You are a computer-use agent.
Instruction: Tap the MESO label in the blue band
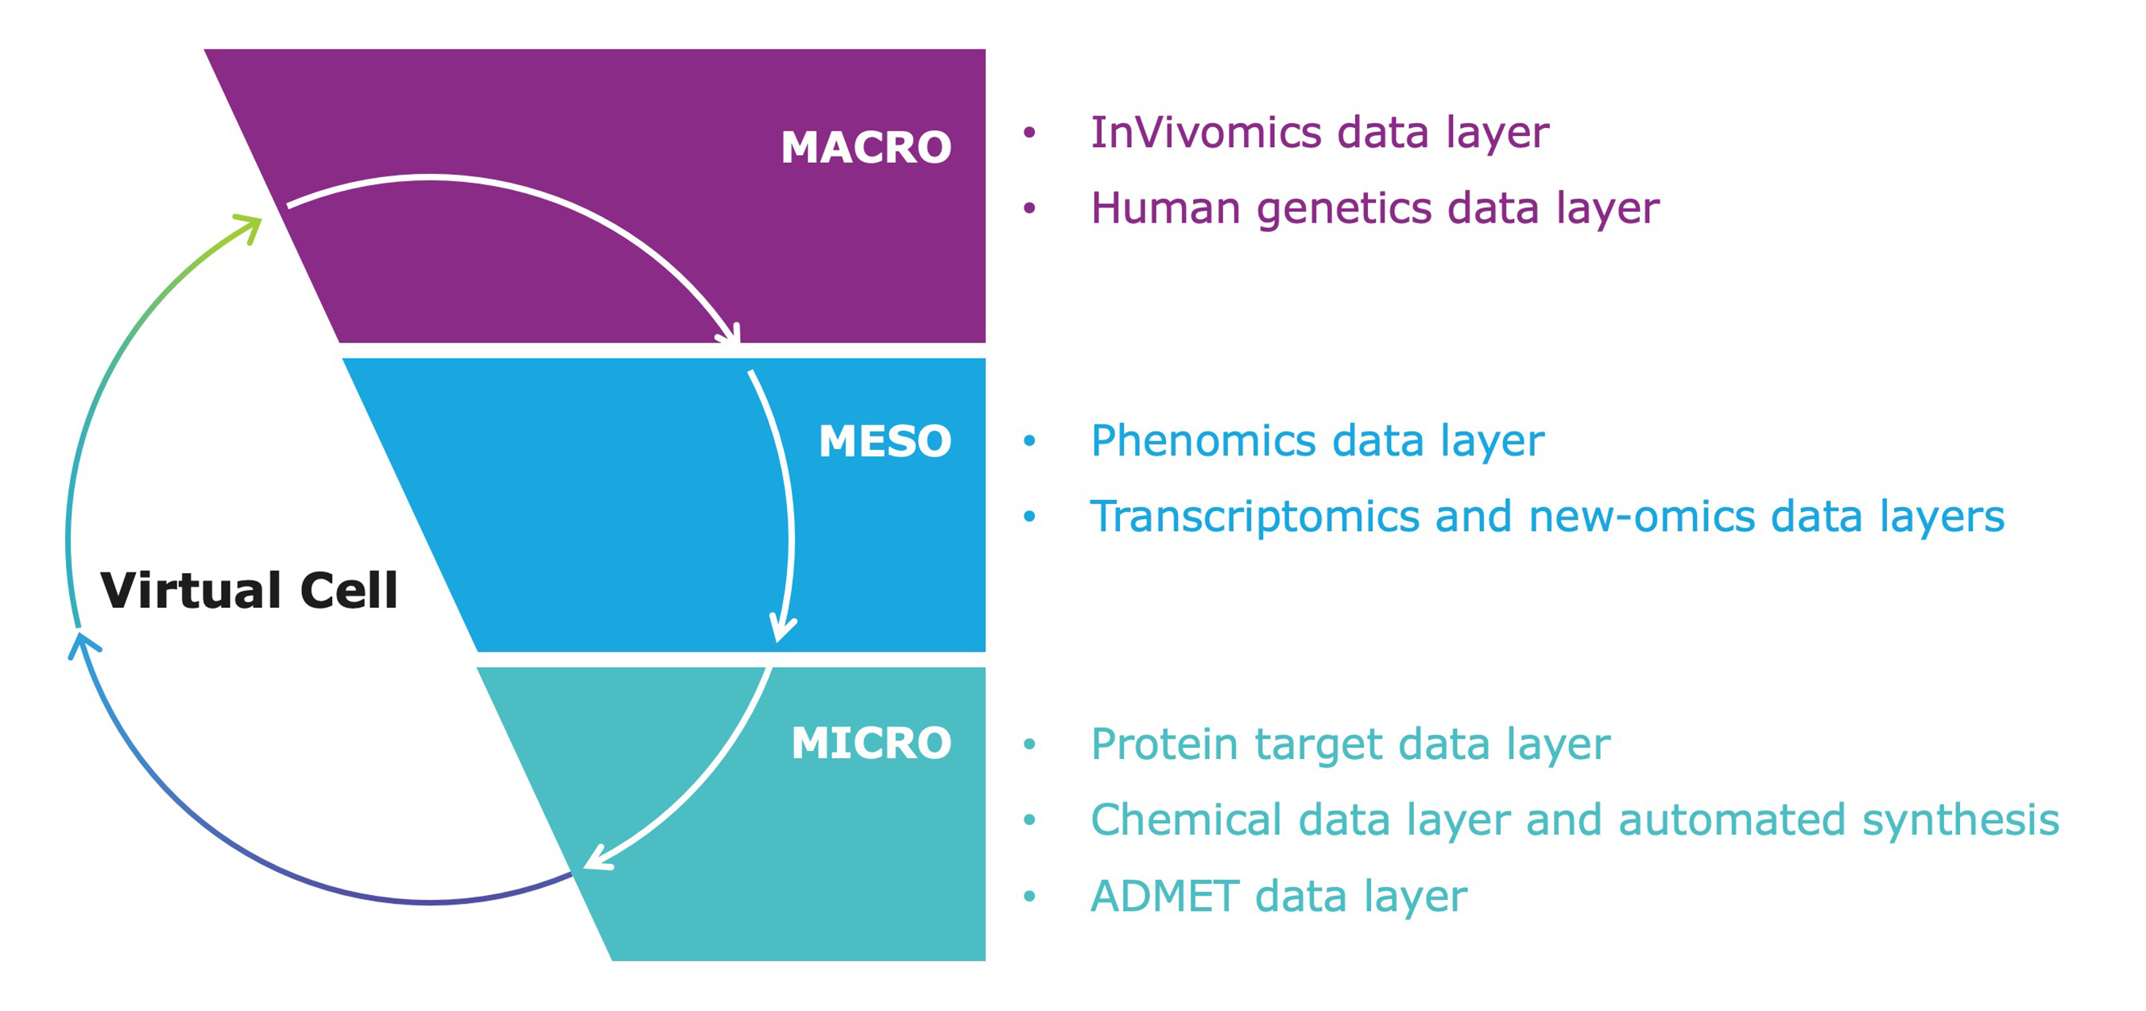click(x=885, y=440)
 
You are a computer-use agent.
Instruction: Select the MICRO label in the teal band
click(x=871, y=743)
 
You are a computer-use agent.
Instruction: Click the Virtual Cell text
click(x=249, y=591)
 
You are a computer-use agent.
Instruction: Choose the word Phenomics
click(x=1204, y=440)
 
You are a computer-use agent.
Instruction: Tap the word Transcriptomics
click(x=1254, y=517)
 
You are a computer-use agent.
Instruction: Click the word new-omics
click(x=1642, y=517)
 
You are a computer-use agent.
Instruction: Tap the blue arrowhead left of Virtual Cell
click(x=82, y=644)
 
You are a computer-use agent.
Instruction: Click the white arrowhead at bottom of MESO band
click(x=781, y=629)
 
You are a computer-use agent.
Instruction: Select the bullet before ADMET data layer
click(x=1029, y=896)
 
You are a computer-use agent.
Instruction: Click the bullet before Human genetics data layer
click(x=1029, y=208)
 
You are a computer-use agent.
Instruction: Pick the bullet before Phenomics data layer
click(x=1029, y=440)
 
